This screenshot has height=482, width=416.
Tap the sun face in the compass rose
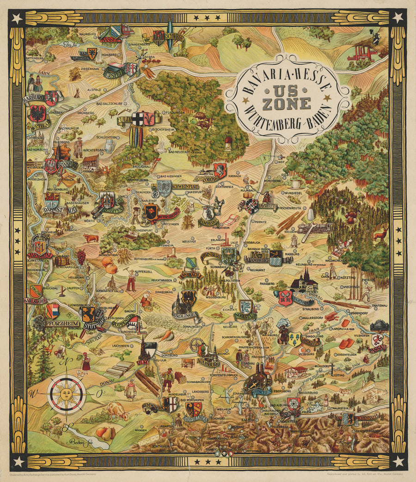click(x=67, y=394)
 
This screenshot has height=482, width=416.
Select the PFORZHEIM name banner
click(x=63, y=324)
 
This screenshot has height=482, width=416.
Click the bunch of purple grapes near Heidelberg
click(x=81, y=255)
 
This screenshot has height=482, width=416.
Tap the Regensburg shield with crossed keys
click(x=285, y=297)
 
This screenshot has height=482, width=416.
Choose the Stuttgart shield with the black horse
click(x=88, y=314)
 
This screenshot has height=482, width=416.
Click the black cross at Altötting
click(x=331, y=367)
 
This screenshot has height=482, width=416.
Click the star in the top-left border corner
click(x=18, y=18)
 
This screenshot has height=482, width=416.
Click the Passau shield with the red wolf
click(x=378, y=341)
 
